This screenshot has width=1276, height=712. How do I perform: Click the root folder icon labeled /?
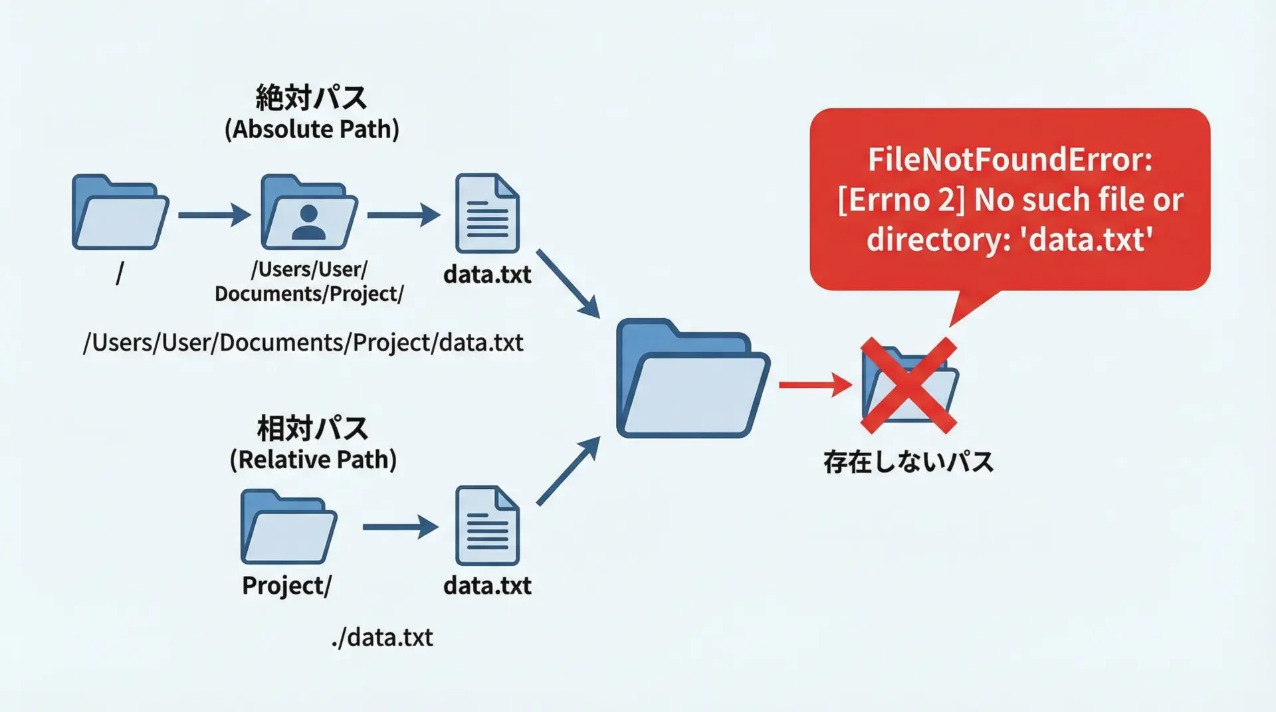(x=120, y=213)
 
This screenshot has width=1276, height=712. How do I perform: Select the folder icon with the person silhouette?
(x=309, y=213)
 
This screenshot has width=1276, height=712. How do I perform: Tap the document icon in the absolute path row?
(x=487, y=213)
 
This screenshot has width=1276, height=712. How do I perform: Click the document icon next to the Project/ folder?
(x=487, y=526)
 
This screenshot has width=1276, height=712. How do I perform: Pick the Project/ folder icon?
(x=288, y=527)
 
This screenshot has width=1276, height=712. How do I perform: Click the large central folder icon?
(x=692, y=380)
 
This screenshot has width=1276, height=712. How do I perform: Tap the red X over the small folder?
(x=909, y=385)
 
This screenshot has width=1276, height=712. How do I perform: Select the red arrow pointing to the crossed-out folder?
(x=815, y=385)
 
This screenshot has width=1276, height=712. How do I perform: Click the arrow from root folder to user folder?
(x=214, y=215)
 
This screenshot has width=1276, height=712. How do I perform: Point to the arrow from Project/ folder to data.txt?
(x=400, y=527)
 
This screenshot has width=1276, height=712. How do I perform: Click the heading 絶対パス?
(x=311, y=98)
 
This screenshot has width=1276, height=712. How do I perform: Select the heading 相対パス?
(x=312, y=428)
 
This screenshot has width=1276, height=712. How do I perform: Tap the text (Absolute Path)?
(x=312, y=129)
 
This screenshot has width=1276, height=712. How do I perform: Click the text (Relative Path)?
(x=313, y=460)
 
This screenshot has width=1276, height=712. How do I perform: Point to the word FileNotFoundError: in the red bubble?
(x=1010, y=160)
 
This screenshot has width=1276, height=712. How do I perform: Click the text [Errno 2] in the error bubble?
(x=901, y=200)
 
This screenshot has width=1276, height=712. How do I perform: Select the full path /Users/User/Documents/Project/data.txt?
(x=303, y=343)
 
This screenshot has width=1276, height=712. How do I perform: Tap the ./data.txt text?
(x=382, y=638)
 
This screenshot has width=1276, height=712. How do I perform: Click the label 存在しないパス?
(x=908, y=462)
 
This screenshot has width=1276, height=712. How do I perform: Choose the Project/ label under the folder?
(x=286, y=586)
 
